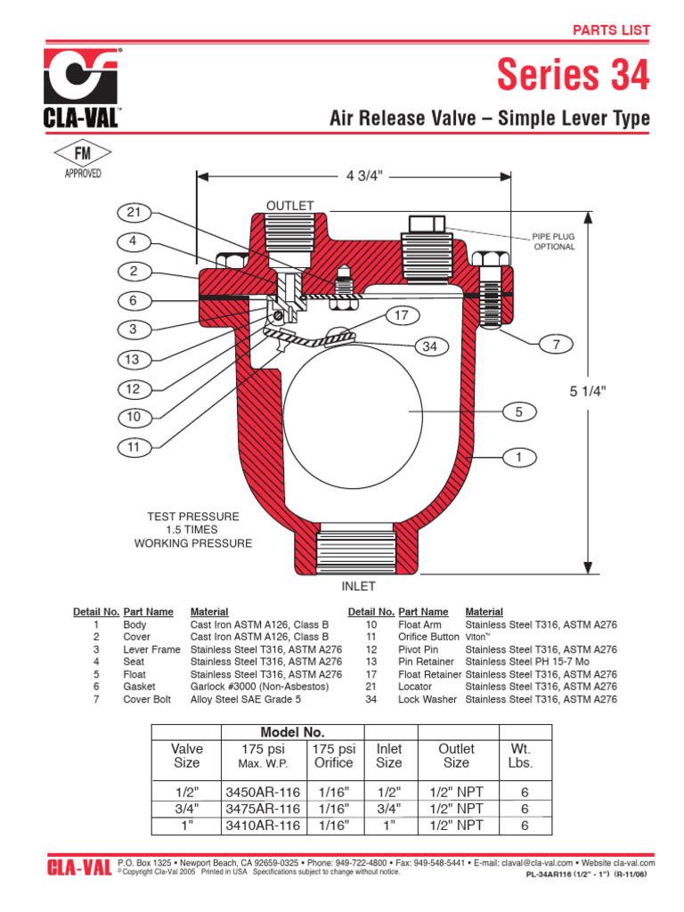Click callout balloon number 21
tap(134, 212)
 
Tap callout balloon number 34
tap(430, 346)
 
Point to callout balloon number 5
tap(517, 411)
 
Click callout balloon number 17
tap(402, 314)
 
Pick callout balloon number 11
tap(134, 447)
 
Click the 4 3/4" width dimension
tap(363, 175)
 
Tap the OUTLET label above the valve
tap(290, 206)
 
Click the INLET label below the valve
tap(359, 587)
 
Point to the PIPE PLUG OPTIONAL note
tap(554, 240)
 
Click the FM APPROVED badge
tap(83, 161)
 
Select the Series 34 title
tap(573, 76)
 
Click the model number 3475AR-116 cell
tap(263, 809)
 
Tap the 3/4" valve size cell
tap(186, 809)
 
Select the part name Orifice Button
tap(427, 637)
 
